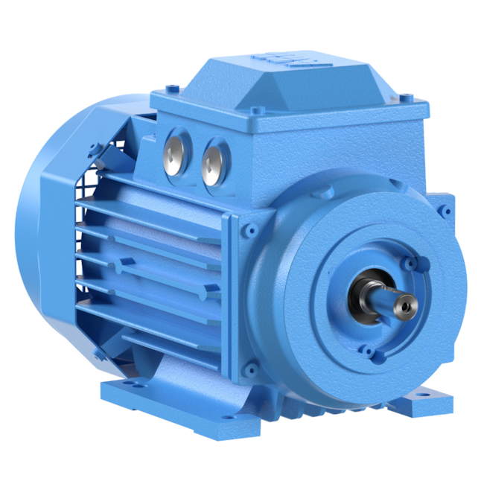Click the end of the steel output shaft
405,303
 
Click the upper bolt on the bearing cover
412,263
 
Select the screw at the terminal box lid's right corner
406,96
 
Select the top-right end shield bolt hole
445,211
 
